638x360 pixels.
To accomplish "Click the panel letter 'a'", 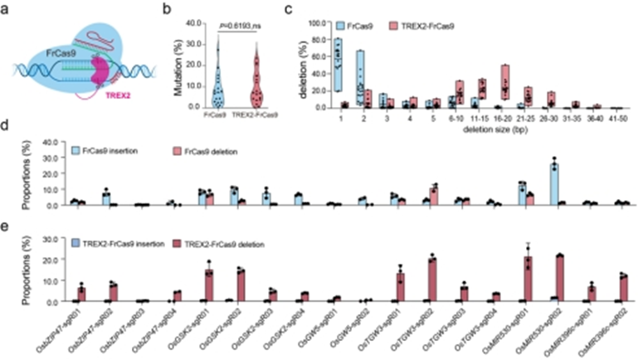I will click(7, 11).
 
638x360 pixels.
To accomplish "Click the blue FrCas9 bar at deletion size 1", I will click(337, 66).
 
